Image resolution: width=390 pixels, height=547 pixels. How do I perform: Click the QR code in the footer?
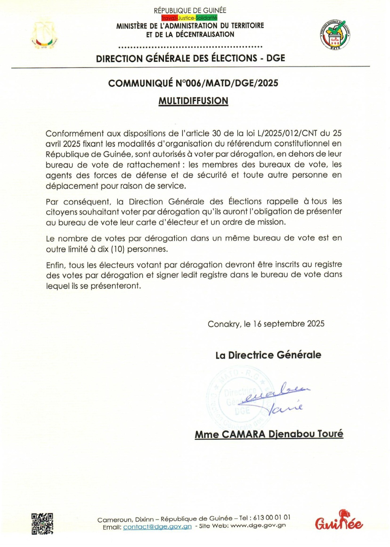click(x=42, y=523)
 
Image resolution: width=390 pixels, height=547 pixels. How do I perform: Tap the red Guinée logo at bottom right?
click(x=339, y=521)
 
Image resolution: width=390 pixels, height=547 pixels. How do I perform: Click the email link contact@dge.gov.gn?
click(x=157, y=527)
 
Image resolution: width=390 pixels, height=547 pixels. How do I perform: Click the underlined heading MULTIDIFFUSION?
click(x=193, y=101)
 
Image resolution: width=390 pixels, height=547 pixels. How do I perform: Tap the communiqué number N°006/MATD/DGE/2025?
click(x=227, y=83)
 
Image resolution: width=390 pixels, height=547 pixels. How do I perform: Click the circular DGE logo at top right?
click(x=335, y=35)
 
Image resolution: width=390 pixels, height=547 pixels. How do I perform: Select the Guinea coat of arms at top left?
click(x=44, y=35)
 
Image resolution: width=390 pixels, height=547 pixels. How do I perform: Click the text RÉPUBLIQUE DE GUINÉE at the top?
click(x=190, y=10)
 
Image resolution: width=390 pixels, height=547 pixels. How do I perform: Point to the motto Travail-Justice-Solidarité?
click(x=189, y=18)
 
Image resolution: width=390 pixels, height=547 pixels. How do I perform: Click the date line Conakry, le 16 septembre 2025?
click(x=266, y=324)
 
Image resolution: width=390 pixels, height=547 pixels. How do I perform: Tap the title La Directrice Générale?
click(x=268, y=355)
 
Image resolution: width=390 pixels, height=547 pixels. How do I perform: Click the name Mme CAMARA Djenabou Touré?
click(x=269, y=434)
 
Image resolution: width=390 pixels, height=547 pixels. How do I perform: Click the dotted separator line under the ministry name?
click(x=190, y=47)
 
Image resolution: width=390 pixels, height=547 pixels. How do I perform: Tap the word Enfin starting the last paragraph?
click(x=55, y=265)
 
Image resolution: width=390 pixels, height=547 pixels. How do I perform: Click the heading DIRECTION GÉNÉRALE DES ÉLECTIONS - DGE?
click(x=190, y=58)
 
